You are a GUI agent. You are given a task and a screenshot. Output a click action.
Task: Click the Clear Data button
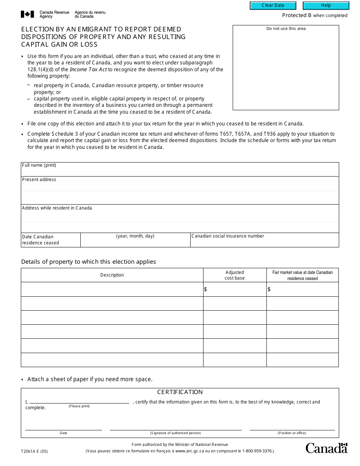272,5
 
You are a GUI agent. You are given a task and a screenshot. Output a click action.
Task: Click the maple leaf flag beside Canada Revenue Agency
27,14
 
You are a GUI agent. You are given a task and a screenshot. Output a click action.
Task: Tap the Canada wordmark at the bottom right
326,448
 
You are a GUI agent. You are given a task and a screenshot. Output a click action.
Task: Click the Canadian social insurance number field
264,242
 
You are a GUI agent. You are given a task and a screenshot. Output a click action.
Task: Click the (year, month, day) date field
135,242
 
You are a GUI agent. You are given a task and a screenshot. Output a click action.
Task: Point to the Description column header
112,275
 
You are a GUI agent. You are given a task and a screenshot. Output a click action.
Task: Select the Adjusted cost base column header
235,275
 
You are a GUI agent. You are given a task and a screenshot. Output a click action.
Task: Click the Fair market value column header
302,275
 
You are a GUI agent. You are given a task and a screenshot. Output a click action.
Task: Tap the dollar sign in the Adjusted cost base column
205,289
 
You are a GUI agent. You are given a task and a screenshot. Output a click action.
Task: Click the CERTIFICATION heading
180,392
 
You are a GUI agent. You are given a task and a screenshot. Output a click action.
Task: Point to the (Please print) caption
79,406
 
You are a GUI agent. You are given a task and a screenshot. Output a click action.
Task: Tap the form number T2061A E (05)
34,451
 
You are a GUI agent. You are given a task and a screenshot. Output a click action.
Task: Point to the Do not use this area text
286,29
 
